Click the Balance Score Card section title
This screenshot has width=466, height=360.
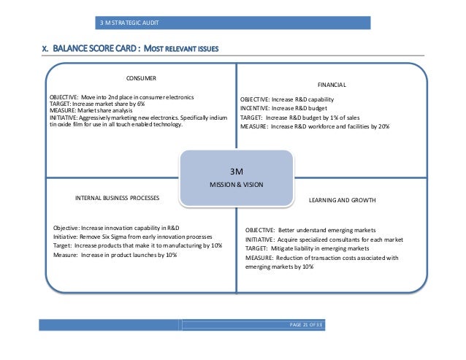coord(129,49)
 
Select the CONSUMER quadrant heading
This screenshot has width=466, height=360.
coord(142,77)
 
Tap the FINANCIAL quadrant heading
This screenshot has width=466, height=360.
coord(332,85)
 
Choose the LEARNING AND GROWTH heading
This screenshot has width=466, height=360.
coord(343,199)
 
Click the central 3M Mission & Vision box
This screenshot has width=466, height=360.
coord(236,177)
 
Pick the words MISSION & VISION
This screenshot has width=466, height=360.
coord(236,185)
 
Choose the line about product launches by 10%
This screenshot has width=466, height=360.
coord(115,255)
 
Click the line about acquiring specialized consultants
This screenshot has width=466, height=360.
coord(324,240)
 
